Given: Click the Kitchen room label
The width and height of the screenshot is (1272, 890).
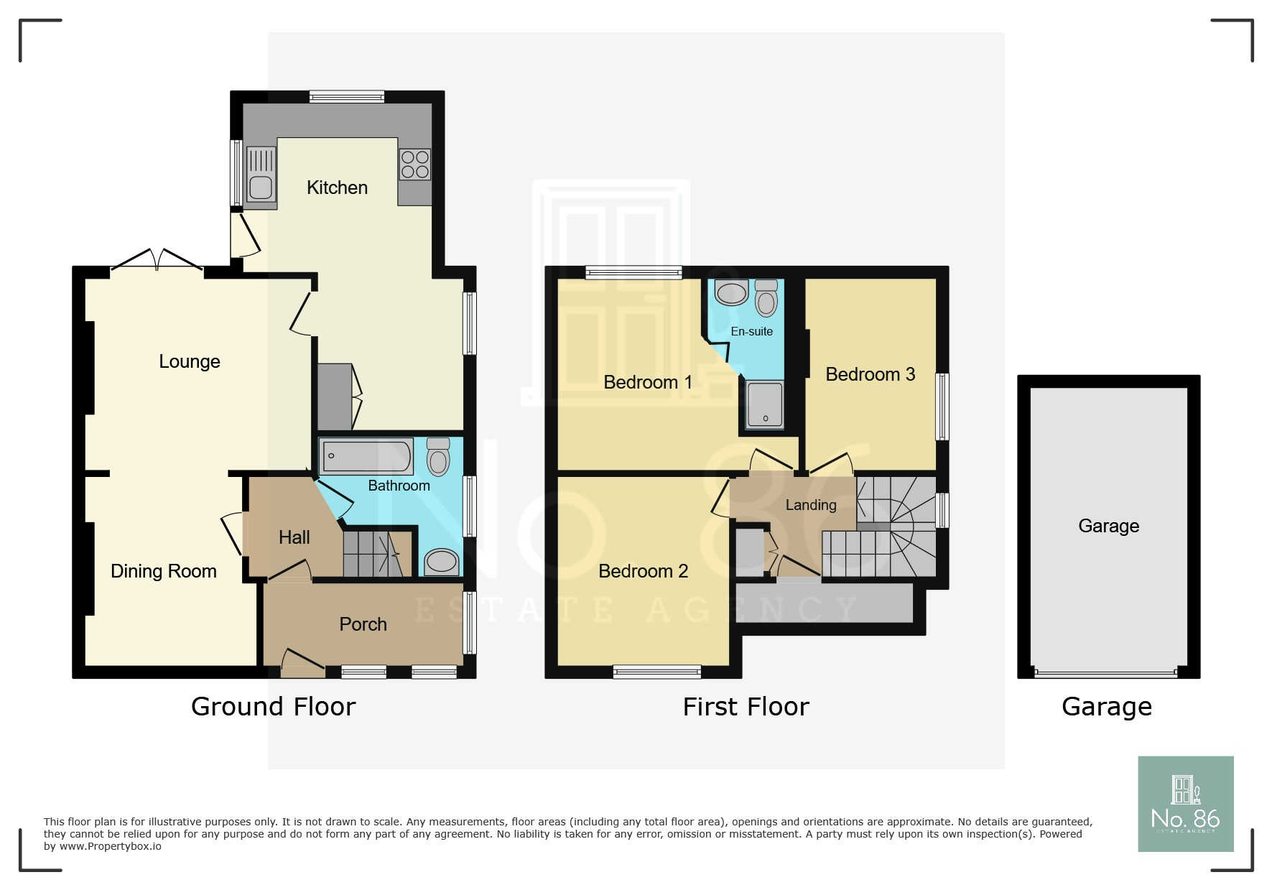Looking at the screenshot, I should point(337,187).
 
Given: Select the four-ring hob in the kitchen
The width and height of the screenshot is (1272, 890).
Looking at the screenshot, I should point(415,164).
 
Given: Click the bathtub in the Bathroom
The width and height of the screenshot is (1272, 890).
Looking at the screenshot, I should point(366,456).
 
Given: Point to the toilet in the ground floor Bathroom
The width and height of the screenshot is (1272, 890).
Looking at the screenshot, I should point(438,458).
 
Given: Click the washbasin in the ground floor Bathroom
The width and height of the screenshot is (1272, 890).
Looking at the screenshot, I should point(441,562).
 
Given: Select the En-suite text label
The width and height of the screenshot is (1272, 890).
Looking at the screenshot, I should point(751,331).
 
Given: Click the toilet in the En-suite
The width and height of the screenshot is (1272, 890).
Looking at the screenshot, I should point(766,298).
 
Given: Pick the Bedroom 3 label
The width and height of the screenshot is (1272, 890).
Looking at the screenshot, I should point(870,374).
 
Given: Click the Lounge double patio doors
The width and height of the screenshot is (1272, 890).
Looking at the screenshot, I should point(157,261).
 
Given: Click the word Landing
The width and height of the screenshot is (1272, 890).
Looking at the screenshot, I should point(811,505).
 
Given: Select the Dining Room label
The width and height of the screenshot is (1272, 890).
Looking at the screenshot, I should point(164,571).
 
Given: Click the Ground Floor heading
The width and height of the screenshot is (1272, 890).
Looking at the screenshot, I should point(273,707).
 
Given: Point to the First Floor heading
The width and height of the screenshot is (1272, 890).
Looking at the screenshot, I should point(746,707).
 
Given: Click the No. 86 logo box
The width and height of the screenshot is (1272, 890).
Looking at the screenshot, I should point(1185,804).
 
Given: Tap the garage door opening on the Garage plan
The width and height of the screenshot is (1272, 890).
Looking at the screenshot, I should point(1108,673).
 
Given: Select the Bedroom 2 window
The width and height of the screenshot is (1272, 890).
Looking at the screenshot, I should point(656,672).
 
